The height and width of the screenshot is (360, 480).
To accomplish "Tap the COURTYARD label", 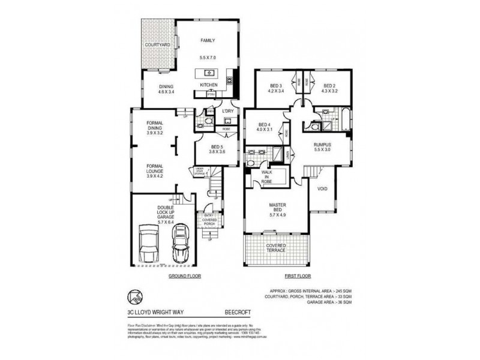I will (158, 45).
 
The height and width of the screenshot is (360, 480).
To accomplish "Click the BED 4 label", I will (265, 125).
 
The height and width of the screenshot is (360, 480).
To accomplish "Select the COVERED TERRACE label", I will (277, 249).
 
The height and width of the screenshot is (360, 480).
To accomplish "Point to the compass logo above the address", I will (135, 296).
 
